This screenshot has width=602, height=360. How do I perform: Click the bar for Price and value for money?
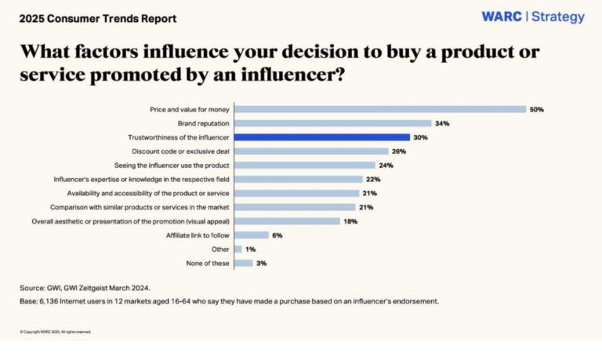[380, 109]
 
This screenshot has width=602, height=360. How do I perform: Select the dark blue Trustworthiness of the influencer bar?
[321, 137]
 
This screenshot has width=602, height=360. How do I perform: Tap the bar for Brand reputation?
[333, 123]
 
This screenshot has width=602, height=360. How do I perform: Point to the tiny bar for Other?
[238, 249]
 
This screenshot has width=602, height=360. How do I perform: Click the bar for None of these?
[243, 263]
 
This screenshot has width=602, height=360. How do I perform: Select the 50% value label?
[536, 109]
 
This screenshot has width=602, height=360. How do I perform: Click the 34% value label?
[442, 123]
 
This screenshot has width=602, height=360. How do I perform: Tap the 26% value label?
[398, 151]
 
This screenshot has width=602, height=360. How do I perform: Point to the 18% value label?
[351, 221]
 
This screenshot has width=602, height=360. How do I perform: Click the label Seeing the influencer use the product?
[172, 165]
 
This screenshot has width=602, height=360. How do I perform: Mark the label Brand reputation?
[204, 123]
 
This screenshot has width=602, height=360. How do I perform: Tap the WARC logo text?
[501, 17]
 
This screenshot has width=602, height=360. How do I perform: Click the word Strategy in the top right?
[557, 17]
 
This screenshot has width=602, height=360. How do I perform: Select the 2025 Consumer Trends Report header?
[98, 18]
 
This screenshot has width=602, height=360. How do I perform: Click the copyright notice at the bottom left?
[55, 332]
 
